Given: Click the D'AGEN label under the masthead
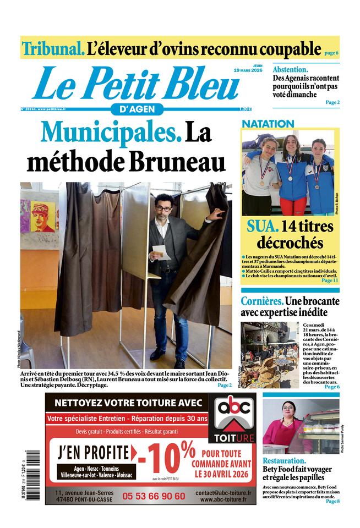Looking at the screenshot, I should point(134,108).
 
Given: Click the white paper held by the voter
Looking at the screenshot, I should point(162,251).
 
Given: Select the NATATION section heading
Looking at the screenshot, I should point(268,123).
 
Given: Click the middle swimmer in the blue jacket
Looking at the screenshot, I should point(290,170).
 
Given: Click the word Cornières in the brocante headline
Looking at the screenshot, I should point(262,301).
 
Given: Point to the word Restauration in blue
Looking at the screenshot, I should point(284,460).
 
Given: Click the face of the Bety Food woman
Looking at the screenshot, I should point(288,410).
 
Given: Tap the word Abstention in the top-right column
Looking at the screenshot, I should point(290,70).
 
